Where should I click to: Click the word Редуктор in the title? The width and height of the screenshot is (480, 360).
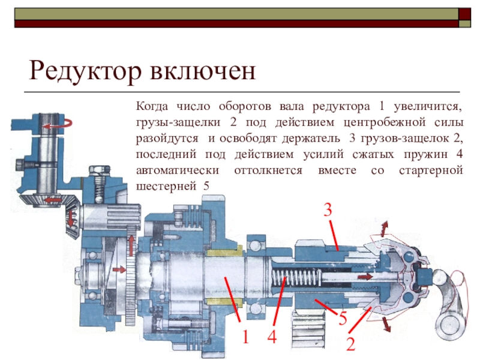coord(85,71)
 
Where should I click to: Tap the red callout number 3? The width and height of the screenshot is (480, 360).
coord(328,211)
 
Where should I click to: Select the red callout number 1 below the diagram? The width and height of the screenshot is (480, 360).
coord(245,337)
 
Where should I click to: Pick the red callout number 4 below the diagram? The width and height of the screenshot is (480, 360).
coord(272,337)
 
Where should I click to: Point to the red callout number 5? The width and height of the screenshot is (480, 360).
coord(343,318)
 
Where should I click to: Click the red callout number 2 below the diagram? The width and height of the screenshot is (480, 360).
coord(351,343)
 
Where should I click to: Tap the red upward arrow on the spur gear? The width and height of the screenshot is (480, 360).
coord(131,245)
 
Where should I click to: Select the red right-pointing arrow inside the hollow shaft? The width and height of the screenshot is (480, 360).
coord(365,277)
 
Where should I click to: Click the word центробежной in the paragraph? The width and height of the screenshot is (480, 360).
coord(385,122)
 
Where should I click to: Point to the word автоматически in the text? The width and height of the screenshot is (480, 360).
coord(178,170)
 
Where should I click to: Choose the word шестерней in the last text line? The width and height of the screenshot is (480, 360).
coord(166,186)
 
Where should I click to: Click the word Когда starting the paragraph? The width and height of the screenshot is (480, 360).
coord(152,107)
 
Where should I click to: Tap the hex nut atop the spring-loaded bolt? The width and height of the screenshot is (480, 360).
coord(100,170)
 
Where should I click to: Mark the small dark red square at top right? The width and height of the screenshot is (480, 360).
coord(464,14)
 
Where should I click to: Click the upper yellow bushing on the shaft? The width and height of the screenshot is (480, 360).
coord(223,251)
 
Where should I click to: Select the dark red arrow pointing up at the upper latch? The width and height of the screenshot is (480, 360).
coord(383,229)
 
